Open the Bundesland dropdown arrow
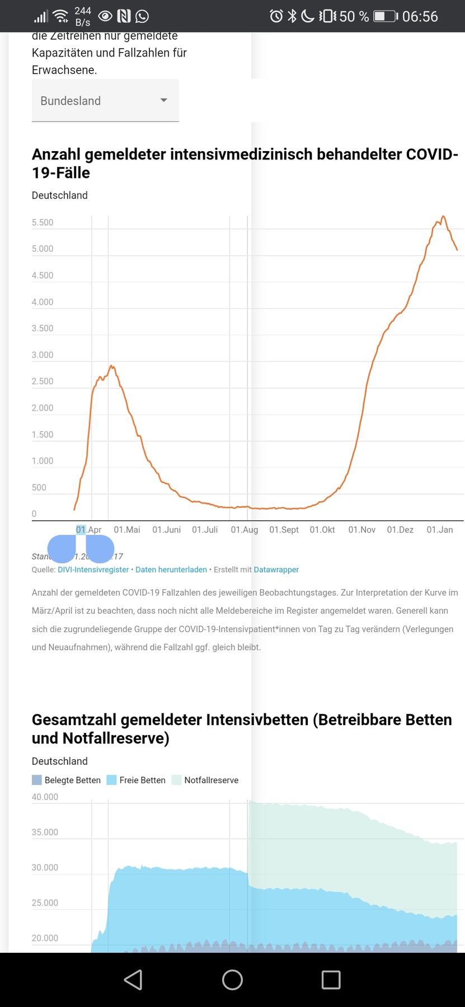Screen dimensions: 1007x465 [x=163, y=100]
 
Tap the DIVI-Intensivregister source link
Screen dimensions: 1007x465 [x=93, y=570]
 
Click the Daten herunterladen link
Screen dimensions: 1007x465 [x=171, y=570]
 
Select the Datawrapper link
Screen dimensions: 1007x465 [x=276, y=570]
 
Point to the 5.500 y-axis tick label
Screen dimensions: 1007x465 [x=43, y=223]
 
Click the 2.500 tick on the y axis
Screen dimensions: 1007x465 [x=43, y=382]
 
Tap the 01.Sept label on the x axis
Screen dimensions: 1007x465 [x=284, y=530]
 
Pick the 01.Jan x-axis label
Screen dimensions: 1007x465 [x=440, y=530]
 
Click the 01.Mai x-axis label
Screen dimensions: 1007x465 [x=127, y=530]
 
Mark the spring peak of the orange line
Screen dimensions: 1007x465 [x=112, y=366]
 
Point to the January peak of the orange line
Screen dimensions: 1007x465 [x=443, y=217]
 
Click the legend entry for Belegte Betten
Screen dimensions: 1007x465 [x=67, y=780]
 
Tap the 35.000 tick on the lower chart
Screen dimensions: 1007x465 [x=45, y=832]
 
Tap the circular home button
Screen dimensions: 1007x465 [x=232, y=980]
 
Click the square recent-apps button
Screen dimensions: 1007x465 [x=331, y=980]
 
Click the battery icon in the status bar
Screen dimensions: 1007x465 [x=385, y=16]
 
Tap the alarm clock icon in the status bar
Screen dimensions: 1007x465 [x=276, y=16]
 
